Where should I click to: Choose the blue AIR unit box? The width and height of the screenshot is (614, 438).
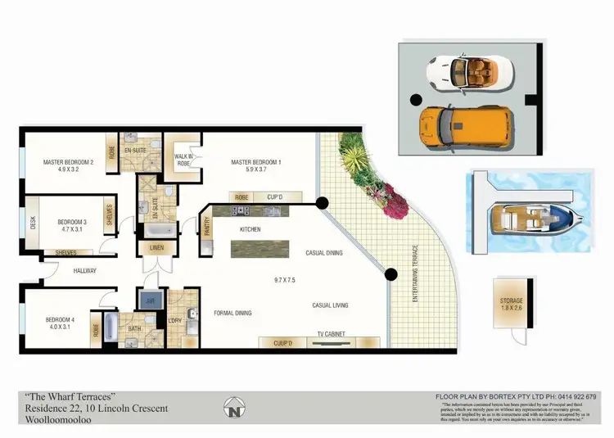[150, 300]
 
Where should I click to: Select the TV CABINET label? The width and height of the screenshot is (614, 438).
[332, 333]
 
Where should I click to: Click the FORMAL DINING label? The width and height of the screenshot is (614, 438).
[233, 313]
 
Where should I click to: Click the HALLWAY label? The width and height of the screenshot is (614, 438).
[84, 270]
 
